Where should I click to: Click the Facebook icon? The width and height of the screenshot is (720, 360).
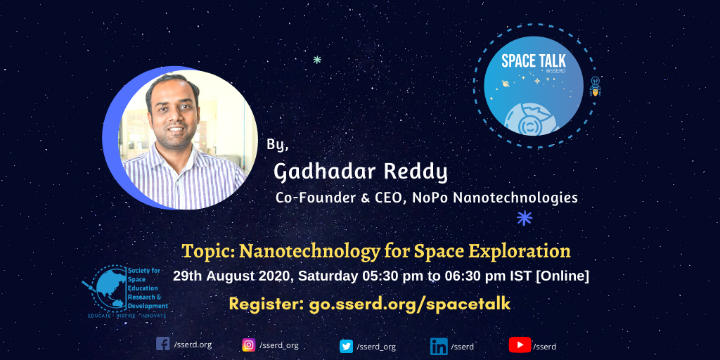(x=162, y=344)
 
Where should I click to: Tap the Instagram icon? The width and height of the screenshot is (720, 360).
(x=249, y=345)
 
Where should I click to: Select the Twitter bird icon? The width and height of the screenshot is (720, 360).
(x=346, y=346)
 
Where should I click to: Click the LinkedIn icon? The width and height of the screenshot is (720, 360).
(x=439, y=346)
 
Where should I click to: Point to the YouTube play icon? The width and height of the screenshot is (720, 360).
(x=520, y=345)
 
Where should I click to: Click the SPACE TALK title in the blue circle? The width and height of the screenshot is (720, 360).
(x=534, y=60)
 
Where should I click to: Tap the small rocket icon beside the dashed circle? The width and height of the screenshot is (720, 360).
(x=595, y=86)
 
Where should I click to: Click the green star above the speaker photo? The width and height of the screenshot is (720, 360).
(x=317, y=59)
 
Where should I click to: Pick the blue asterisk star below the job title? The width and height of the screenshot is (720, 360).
(x=525, y=218)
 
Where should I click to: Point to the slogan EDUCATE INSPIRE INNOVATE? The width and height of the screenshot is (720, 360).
(x=127, y=316)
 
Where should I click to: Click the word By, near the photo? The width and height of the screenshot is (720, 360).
(x=278, y=145)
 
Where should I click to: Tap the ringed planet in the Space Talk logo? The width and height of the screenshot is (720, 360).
(x=506, y=84)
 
